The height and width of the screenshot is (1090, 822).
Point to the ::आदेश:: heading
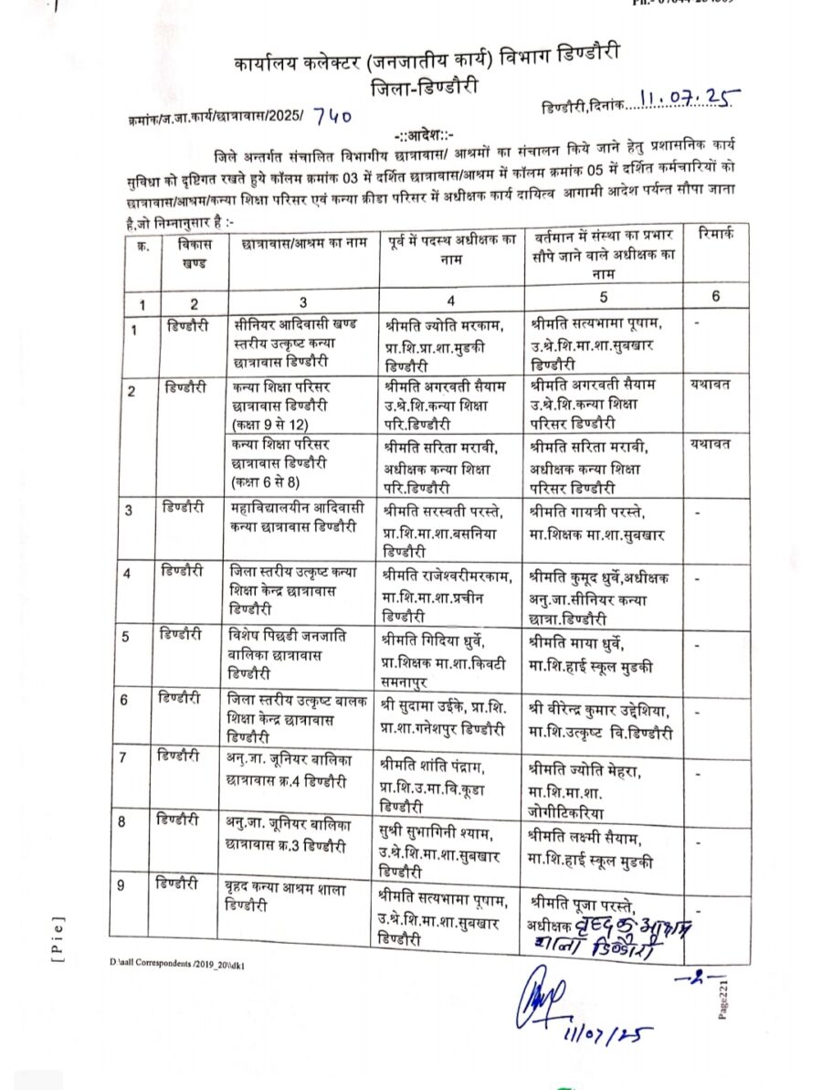click(416, 132)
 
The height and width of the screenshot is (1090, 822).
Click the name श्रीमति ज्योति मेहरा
click(585, 773)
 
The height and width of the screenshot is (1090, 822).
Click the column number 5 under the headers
click(603, 297)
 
